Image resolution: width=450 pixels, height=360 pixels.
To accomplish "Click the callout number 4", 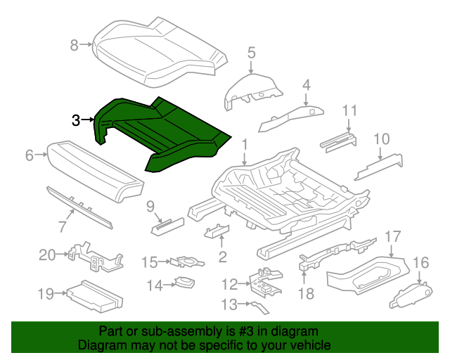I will click(x=306, y=85).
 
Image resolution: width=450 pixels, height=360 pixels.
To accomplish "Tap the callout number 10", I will click(x=380, y=139).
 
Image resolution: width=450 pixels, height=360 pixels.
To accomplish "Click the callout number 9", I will click(x=150, y=206).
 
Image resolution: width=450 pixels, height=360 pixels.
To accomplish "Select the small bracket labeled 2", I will click(x=217, y=232).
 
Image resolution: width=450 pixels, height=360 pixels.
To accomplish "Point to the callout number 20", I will click(x=47, y=255).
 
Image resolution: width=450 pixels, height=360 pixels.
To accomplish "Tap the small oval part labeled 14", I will click(x=184, y=283).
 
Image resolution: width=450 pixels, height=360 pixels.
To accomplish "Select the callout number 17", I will click(x=392, y=237).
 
